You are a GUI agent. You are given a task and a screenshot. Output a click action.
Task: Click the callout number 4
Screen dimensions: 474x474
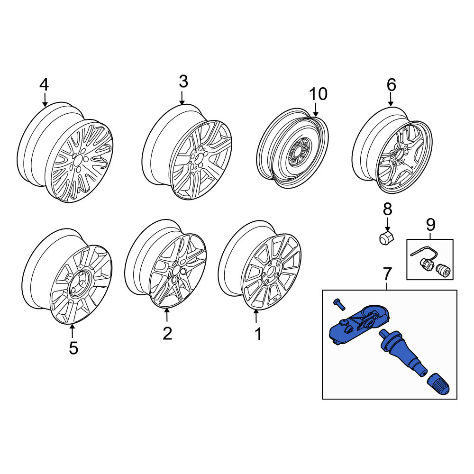(x=44, y=85)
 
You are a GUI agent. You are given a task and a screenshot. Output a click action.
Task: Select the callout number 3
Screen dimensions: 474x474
(x=183, y=82)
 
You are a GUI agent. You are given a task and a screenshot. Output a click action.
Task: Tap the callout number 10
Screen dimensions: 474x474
(x=318, y=94)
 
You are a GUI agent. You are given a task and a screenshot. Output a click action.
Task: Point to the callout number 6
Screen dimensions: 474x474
(x=391, y=85)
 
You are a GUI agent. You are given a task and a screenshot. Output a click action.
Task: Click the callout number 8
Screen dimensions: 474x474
(x=388, y=209)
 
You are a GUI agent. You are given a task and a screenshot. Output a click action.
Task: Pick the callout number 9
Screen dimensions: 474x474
(x=430, y=225)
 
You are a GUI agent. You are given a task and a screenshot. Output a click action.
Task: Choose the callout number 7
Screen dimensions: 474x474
(x=387, y=274)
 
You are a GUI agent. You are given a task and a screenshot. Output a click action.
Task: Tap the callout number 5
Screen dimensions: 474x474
(x=73, y=348)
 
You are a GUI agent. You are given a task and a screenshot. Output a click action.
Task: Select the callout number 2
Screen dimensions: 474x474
(x=167, y=333)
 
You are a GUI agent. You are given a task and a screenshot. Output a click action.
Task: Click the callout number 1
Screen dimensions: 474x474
(x=258, y=334)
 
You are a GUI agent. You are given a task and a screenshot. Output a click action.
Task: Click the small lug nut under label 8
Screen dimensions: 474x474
(x=385, y=238)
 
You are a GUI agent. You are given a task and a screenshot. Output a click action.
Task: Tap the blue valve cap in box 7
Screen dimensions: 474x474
(x=438, y=384)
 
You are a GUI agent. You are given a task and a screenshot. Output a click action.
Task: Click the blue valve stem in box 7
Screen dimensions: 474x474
(x=402, y=352)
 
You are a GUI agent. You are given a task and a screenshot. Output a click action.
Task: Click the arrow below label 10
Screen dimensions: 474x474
(x=315, y=110)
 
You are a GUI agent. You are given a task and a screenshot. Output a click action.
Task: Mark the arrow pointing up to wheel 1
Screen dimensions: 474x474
(x=256, y=316)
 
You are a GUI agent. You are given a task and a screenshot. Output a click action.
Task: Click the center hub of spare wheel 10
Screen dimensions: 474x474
(x=298, y=151)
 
